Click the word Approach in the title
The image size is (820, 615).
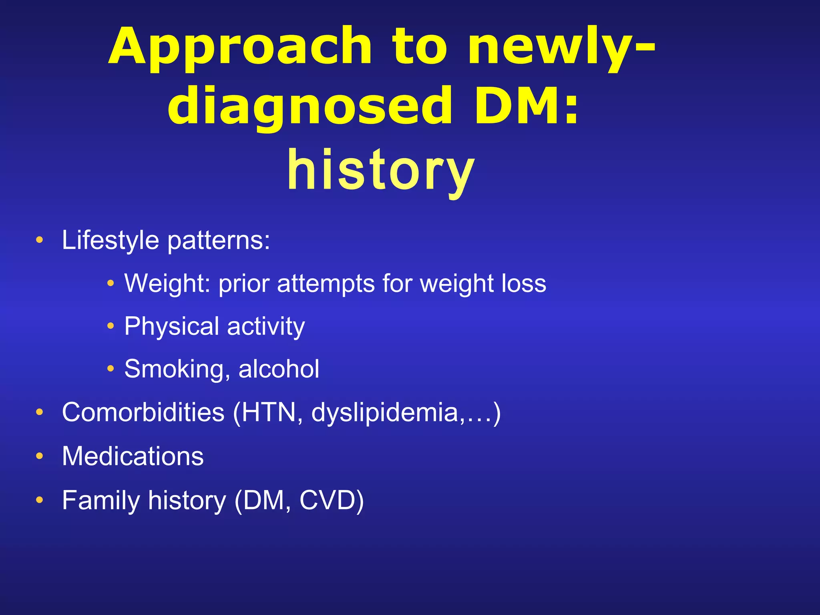pyautogui.click(x=240, y=47)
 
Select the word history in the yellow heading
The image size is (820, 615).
pyautogui.click(x=381, y=171)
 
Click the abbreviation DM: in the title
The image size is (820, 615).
pyautogui.click(x=526, y=107)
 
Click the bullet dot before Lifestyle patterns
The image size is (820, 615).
pyautogui.click(x=39, y=240)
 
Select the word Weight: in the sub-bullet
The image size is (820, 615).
pyautogui.click(x=168, y=283)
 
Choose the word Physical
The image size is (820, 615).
pyautogui.click(x=172, y=326)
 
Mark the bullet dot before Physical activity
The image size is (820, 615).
pyautogui.click(x=111, y=326)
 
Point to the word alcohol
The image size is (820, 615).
pyautogui.click(x=279, y=369)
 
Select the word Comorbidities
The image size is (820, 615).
pyautogui.click(x=143, y=412)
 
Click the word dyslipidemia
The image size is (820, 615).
pyautogui.click(x=385, y=412)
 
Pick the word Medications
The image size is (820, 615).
pyautogui.click(x=133, y=456)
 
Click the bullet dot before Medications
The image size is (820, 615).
pyautogui.click(x=39, y=456)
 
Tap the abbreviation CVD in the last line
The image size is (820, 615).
pyautogui.click(x=327, y=500)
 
